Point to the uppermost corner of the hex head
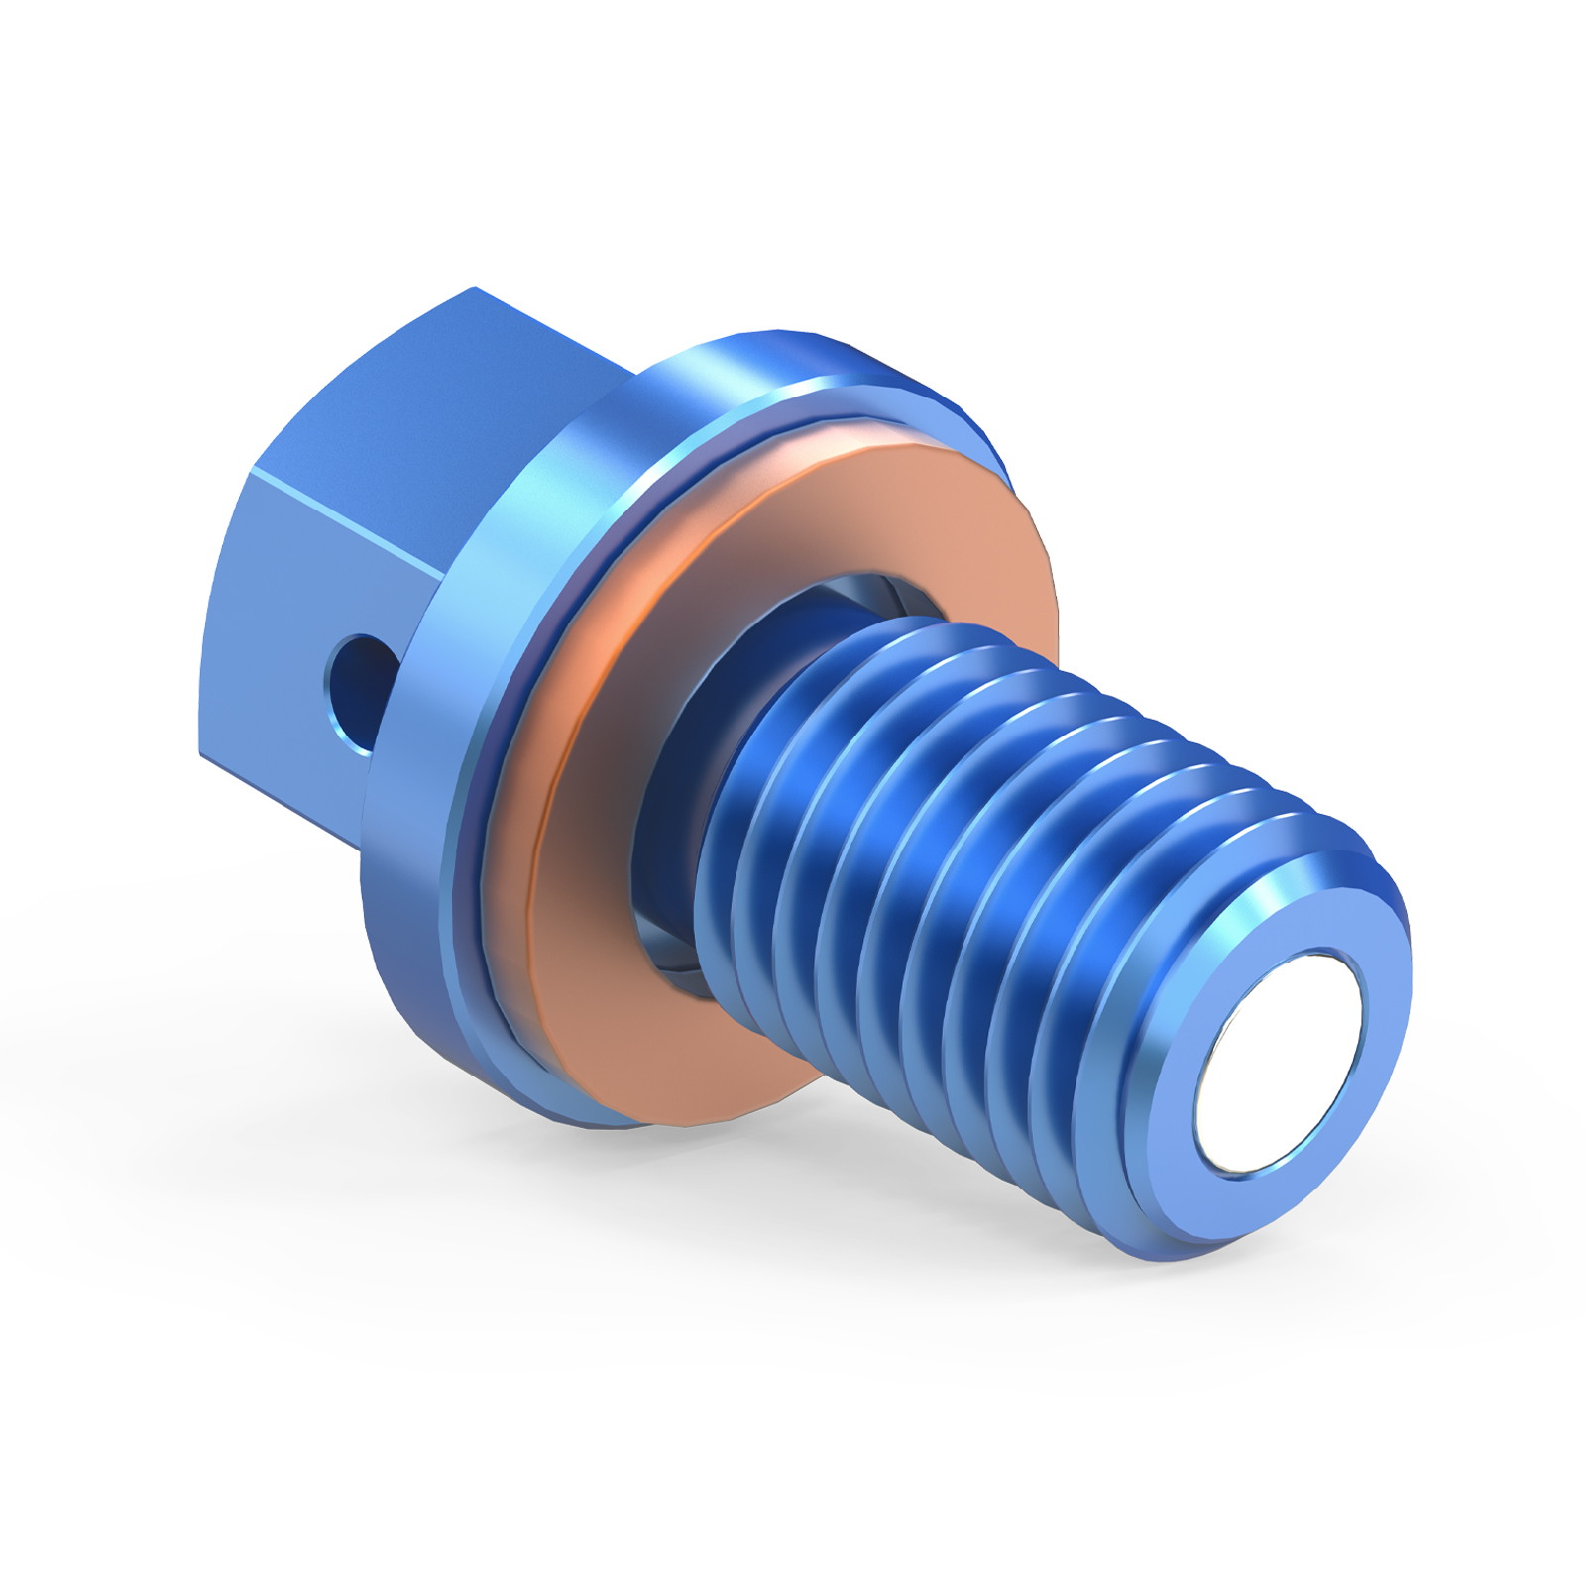click(x=474, y=289)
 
